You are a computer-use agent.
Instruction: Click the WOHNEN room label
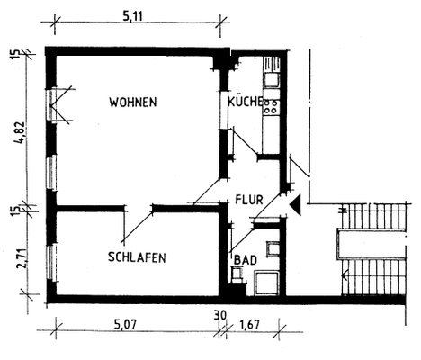[x=133, y=103]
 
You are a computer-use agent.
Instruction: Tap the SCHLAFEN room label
[x=137, y=257]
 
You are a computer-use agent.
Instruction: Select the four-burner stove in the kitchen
[x=270, y=107]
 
